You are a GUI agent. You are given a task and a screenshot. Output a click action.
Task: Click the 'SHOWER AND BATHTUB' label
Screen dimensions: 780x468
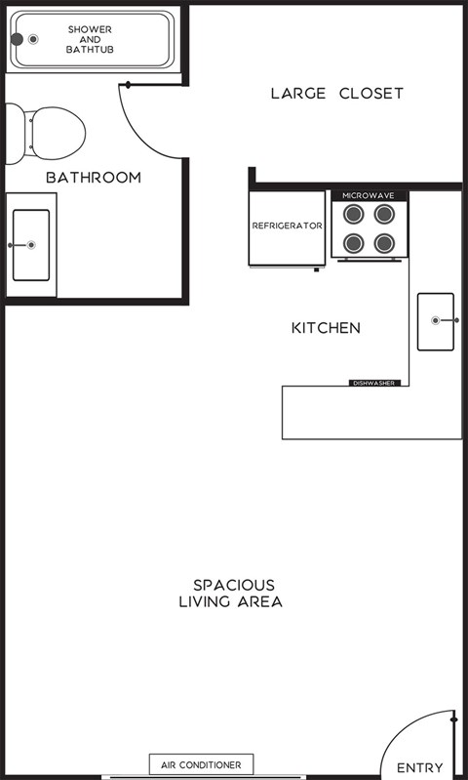[x=89, y=39]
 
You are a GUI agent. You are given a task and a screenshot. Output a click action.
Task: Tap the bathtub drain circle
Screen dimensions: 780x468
[x=34, y=39]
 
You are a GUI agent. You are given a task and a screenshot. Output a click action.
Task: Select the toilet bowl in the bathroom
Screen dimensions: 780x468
[x=57, y=131]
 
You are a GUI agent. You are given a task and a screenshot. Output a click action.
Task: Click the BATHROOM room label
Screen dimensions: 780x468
[x=94, y=178]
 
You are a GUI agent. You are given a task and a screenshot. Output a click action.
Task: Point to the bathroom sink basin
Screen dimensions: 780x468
[x=30, y=245]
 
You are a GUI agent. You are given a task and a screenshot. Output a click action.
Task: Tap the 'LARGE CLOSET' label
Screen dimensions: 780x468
[x=336, y=94]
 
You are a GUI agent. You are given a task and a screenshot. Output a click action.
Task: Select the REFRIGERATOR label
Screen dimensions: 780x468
[x=287, y=226]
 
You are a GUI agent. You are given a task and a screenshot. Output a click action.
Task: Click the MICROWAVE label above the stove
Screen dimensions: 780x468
[x=369, y=196]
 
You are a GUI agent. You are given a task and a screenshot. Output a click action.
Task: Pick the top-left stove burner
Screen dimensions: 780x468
[x=354, y=214]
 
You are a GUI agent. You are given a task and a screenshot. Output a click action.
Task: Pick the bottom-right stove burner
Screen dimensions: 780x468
[x=384, y=243]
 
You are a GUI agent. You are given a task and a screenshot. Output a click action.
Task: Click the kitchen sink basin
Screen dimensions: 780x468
[x=435, y=320]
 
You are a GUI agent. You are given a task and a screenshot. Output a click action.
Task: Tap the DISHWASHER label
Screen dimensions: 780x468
[x=373, y=383]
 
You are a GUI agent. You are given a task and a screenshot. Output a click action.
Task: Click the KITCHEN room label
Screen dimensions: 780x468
[x=326, y=328]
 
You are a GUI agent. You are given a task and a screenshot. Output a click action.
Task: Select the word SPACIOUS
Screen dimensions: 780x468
[x=233, y=585]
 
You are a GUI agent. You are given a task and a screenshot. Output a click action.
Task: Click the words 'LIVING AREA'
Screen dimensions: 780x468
[x=230, y=602]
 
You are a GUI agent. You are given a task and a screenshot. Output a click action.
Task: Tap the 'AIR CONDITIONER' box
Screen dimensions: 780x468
[x=201, y=764]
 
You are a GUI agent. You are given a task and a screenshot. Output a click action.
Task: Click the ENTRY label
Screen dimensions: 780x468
[x=419, y=768]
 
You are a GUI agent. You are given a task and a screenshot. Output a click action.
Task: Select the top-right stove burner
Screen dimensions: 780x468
[x=384, y=214]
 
